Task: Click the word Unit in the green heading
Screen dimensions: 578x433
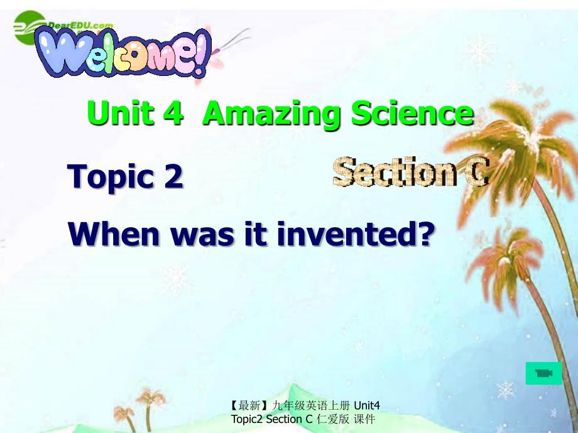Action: (x=120, y=113)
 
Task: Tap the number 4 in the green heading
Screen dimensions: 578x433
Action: (x=173, y=113)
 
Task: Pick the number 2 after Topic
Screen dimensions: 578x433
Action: (x=173, y=176)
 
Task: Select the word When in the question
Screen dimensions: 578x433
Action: (x=114, y=233)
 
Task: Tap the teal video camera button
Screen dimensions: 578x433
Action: (x=543, y=373)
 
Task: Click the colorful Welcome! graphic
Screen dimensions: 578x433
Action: (x=123, y=53)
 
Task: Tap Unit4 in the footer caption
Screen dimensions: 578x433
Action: (x=367, y=405)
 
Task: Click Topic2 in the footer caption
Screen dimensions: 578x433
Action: (x=247, y=419)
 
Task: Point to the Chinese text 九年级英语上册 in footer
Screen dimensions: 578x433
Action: (x=311, y=405)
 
